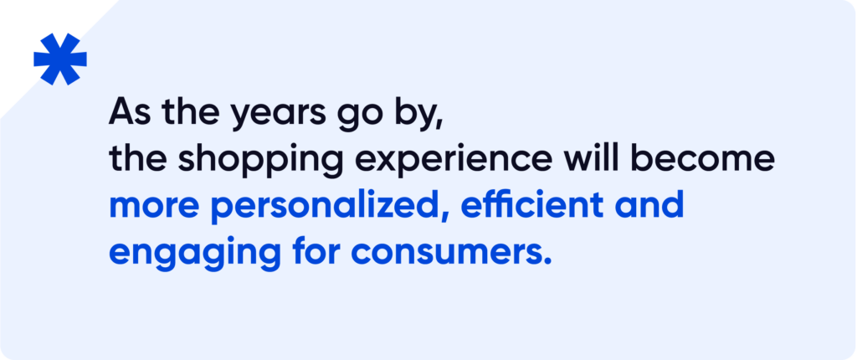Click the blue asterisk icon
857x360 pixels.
(60, 59)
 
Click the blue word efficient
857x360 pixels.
(533, 203)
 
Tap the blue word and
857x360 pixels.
(649, 203)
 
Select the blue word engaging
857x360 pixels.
(195, 253)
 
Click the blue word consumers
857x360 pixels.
(445, 253)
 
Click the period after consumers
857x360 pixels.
(546, 260)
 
